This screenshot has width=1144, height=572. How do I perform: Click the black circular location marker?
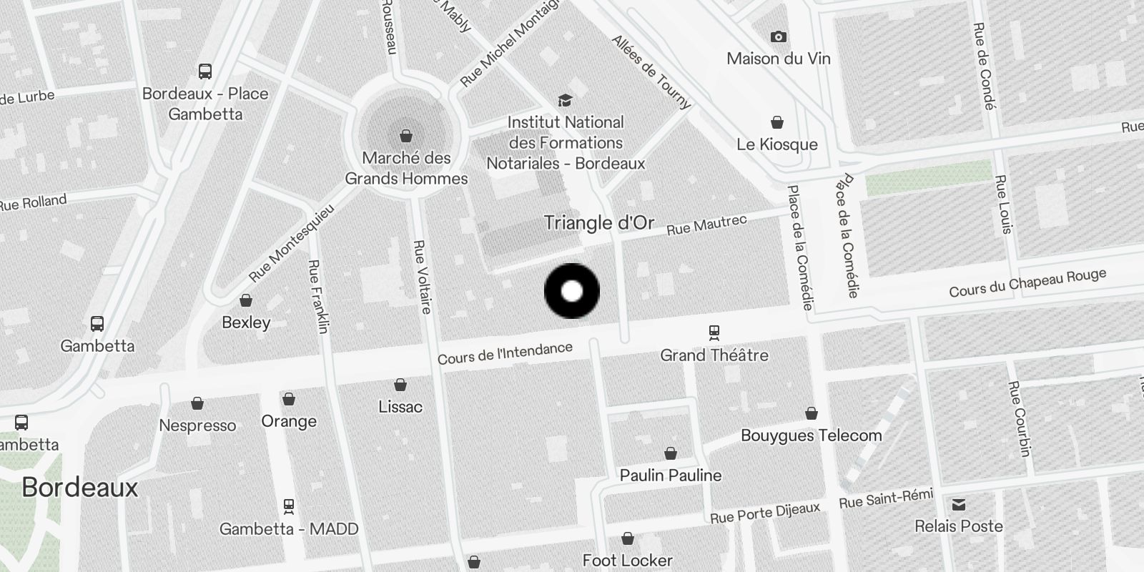572,291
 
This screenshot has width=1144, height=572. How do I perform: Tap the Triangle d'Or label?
598,223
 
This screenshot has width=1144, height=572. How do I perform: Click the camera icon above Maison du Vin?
778,37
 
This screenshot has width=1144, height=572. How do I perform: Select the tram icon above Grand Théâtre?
714,332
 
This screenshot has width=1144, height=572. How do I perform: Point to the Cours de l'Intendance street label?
505,353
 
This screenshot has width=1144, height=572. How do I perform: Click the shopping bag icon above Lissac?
400,385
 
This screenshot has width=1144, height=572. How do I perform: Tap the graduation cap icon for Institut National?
565,101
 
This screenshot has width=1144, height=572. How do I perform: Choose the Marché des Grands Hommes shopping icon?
406,135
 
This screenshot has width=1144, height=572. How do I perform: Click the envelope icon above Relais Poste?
958,506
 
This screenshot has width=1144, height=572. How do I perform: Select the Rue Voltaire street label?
423,277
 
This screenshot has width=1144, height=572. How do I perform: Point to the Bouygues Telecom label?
811,435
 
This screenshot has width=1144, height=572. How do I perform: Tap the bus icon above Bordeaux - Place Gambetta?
205,71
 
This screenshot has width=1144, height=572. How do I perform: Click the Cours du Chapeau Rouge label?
1027,283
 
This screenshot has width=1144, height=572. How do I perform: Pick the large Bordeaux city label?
79,488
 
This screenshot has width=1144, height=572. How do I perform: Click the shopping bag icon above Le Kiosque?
777,123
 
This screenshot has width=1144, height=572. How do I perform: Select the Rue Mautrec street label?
706,225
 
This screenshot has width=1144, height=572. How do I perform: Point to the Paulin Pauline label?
670,475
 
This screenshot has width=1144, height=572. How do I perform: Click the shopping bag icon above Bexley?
246,300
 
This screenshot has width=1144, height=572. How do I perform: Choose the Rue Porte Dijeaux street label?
764,513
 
